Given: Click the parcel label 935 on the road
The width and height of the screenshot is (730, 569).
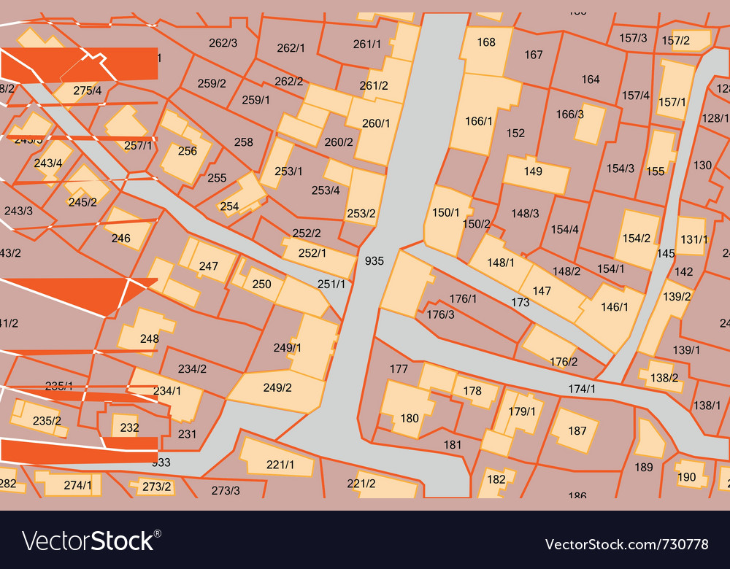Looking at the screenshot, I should pos(374,260).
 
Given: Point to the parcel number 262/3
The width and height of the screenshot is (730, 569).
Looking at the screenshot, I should pos(223,43).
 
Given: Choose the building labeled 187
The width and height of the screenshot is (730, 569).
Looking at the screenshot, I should pos(576,430).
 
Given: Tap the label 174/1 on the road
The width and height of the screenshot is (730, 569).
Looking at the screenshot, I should pos(582,389).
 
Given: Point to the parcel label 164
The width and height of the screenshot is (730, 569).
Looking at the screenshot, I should pos(590,79).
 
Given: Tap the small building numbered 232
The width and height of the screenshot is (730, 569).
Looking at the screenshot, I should pos(128,427).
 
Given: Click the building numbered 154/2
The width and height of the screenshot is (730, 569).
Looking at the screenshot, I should pos(637,238).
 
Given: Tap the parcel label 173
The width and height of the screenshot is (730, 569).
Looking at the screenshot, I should pos(520,301).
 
